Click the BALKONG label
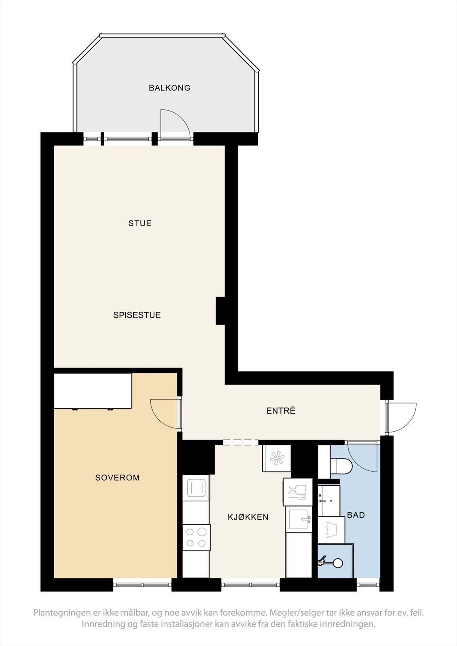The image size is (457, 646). (169, 88)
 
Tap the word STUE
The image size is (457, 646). (140, 223)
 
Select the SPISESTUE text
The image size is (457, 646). (137, 315)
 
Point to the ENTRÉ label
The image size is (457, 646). (281, 411)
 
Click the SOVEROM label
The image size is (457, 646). (118, 478)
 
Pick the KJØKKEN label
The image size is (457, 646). (248, 517)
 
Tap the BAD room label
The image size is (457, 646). (356, 515)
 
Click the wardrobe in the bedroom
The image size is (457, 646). (93, 391)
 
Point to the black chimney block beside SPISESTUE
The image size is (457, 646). (220, 311)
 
